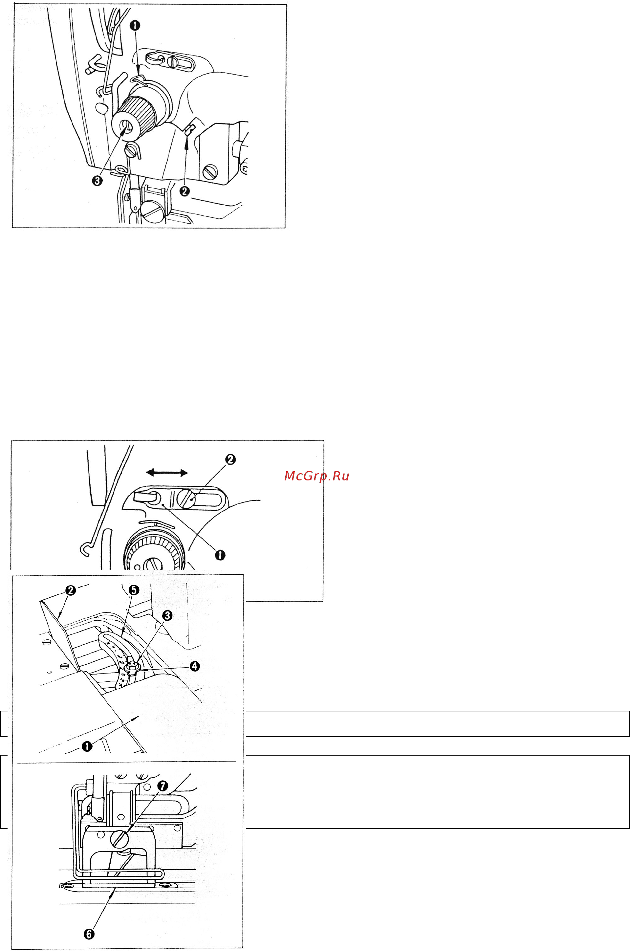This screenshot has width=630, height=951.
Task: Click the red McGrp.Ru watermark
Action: [x=316, y=476]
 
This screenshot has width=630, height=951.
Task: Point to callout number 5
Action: [x=134, y=590]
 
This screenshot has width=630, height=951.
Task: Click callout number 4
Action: [x=194, y=666]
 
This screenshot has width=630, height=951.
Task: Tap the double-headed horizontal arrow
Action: [x=167, y=473]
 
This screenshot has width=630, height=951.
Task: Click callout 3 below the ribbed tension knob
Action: [x=97, y=181]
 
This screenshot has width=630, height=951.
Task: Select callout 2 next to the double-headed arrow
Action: [x=230, y=459]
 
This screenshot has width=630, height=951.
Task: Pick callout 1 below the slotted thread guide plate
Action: [x=220, y=555]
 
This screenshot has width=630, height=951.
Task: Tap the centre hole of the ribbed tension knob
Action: [x=127, y=128]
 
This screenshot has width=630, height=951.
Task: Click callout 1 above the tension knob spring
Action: [x=135, y=25]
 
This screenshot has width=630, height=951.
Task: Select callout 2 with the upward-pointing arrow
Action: [x=185, y=191]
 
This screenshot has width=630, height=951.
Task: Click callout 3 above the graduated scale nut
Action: [x=167, y=615]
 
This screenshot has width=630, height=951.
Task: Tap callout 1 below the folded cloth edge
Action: [x=87, y=746]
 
